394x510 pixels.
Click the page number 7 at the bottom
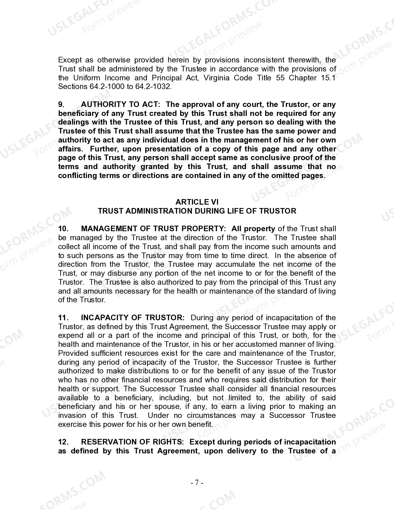coord(197,483)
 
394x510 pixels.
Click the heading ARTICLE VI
coord(197,202)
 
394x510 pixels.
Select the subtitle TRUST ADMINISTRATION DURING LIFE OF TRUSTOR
coord(197,211)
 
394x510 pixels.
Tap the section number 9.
coord(61,104)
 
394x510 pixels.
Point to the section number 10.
coord(63,229)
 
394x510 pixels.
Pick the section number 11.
coord(63,318)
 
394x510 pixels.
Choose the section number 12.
coord(63,442)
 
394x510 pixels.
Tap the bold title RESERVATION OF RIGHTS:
coord(132,442)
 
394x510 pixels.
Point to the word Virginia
coord(216,78)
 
